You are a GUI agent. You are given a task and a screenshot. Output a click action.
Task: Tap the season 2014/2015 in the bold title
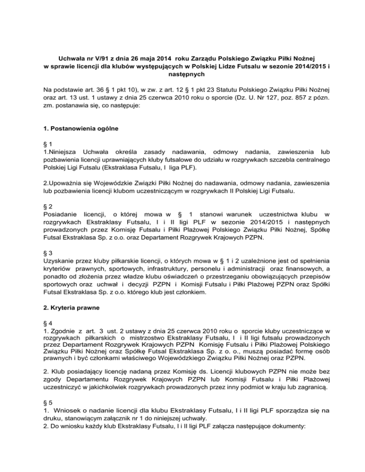tap(291, 66)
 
